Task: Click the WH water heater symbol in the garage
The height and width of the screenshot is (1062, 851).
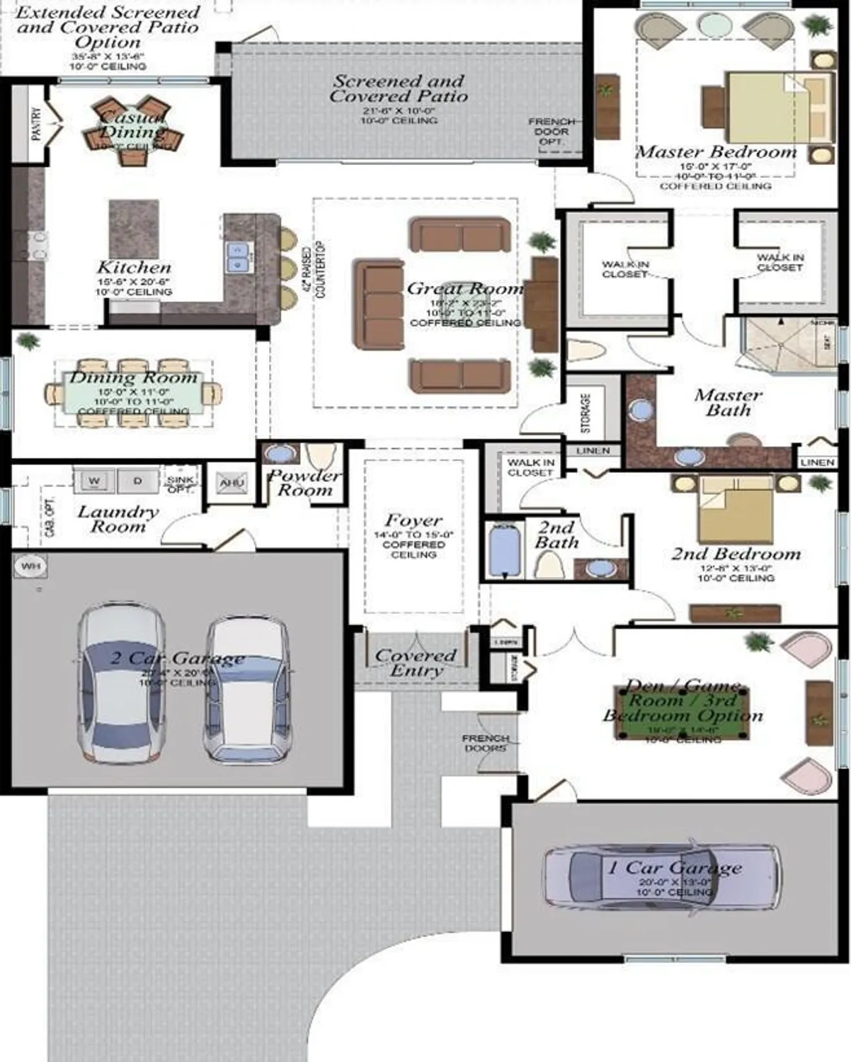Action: click(30, 566)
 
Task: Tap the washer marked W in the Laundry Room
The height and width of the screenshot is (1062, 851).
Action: click(94, 481)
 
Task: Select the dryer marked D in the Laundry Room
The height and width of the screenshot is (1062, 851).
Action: click(137, 481)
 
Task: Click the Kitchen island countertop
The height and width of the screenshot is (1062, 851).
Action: click(134, 229)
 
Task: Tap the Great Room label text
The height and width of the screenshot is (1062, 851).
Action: click(464, 288)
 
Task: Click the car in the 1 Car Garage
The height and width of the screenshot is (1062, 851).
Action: click(662, 876)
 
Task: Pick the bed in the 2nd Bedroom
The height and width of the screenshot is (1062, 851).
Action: click(735, 509)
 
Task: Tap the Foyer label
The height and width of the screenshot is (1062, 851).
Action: click(413, 520)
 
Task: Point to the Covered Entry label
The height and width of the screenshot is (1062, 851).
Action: click(416, 662)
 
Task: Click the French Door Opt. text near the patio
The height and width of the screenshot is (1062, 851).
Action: click(552, 132)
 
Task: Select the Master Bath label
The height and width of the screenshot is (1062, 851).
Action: click(728, 401)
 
